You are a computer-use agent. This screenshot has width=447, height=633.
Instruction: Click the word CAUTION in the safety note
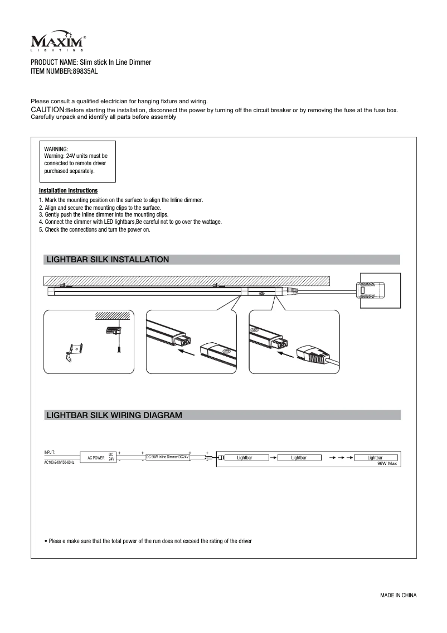pos(48,110)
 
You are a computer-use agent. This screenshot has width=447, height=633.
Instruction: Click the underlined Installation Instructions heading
pos(68,191)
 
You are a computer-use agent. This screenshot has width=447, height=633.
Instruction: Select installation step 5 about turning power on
pos(95,229)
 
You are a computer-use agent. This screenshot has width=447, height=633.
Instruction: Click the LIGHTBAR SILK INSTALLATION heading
pos(108,260)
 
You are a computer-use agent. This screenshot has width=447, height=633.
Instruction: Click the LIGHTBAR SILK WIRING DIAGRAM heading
pos(114,415)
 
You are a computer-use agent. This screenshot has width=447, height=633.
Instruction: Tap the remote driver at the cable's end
pos(370,290)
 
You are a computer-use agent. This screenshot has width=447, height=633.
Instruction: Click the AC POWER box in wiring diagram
pos(96,458)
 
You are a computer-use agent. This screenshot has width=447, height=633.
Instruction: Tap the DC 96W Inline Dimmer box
pos(168,457)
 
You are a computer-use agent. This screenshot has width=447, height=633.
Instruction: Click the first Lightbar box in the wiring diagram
pos(245,458)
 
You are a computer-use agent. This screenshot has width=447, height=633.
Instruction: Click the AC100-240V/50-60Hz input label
pos(59,463)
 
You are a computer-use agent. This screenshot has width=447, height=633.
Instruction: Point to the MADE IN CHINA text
pos(398,595)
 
